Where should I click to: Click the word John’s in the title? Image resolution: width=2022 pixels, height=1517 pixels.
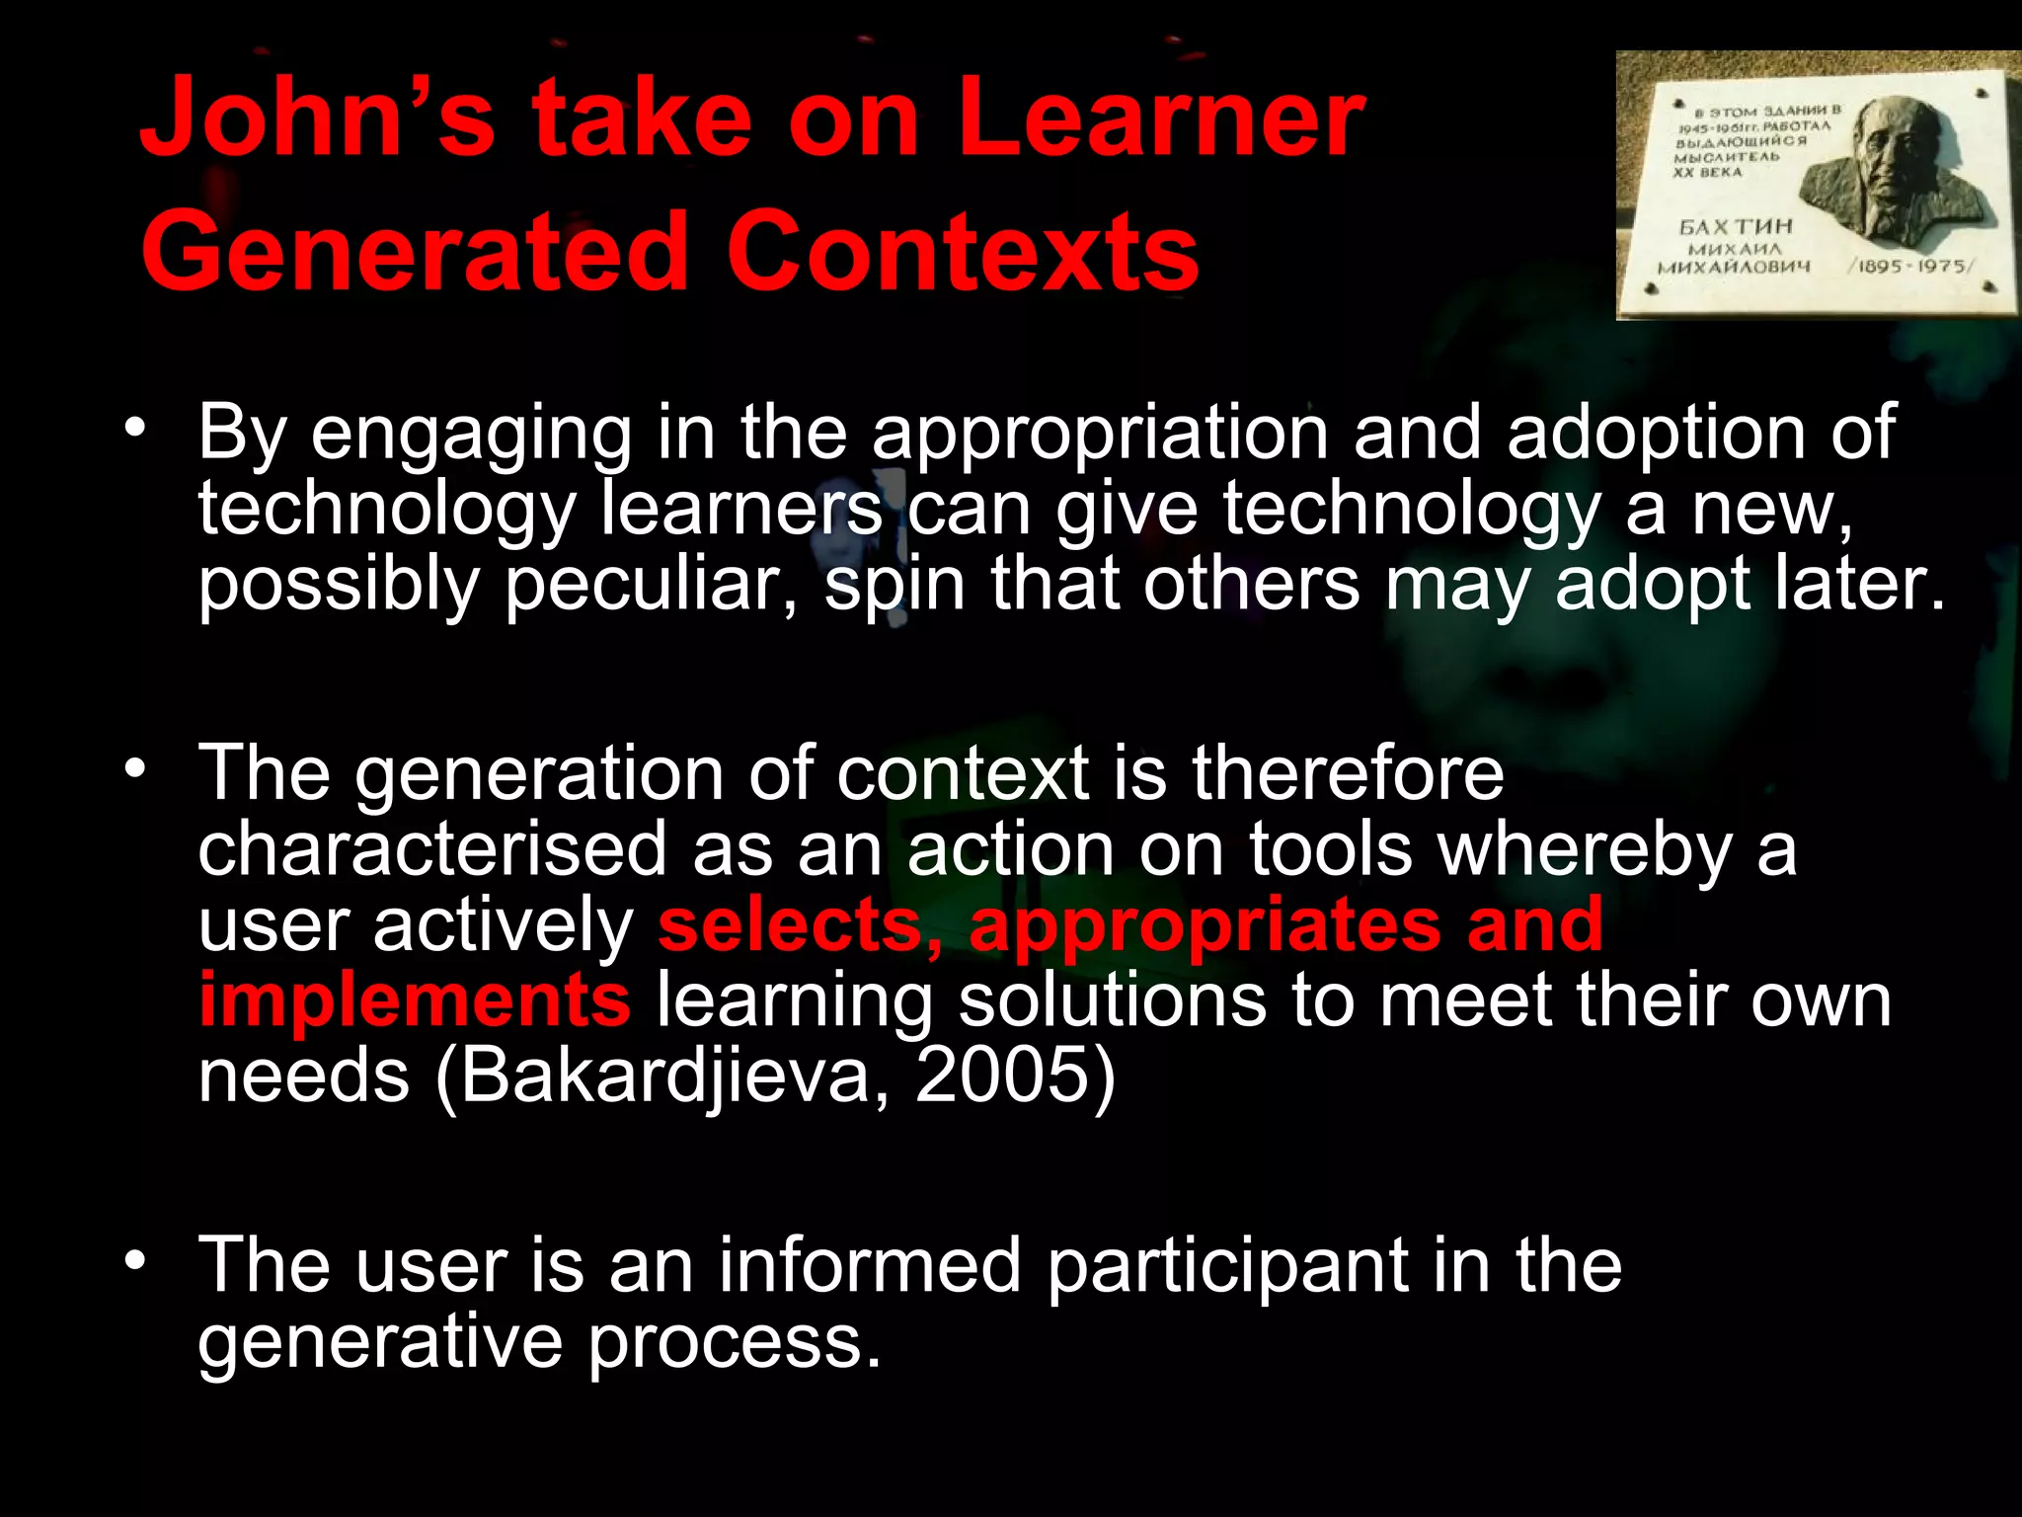tap(317, 119)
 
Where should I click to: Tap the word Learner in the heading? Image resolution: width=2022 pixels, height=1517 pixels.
tap(1161, 119)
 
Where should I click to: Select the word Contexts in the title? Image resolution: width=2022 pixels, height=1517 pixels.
tap(963, 251)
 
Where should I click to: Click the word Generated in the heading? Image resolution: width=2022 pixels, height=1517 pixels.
tap(414, 251)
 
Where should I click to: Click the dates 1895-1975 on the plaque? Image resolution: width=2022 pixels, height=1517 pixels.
tap(1911, 267)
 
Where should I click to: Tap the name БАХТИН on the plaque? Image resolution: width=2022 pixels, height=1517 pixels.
tap(1736, 227)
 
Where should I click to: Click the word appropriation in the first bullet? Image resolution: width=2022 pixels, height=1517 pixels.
tap(1100, 435)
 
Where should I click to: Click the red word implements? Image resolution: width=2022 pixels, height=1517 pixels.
tap(414, 1000)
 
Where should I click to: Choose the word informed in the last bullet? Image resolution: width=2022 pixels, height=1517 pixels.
tap(869, 1266)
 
